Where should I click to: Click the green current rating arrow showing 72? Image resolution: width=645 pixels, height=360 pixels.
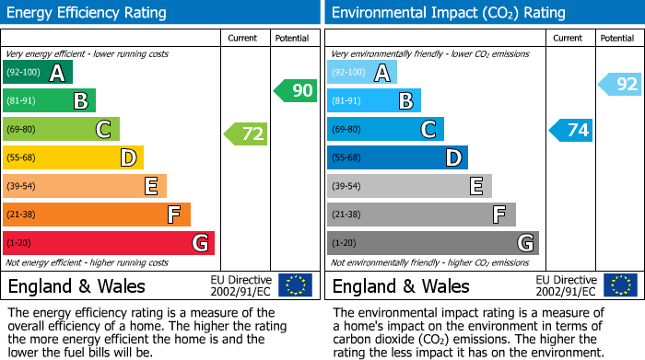(x=247, y=134)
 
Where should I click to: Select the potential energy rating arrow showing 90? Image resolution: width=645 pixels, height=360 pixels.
(x=296, y=90)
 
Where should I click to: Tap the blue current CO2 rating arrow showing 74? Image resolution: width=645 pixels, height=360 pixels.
(x=571, y=130)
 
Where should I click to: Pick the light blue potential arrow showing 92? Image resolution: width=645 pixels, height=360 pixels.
(x=620, y=85)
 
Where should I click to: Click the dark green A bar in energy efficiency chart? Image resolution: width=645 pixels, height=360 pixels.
(x=38, y=73)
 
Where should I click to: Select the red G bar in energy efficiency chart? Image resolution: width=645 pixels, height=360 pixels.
(x=108, y=243)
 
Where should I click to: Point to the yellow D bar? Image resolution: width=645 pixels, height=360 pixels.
(x=73, y=158)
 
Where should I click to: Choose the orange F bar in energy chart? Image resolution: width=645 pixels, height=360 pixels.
(x=97, y=215)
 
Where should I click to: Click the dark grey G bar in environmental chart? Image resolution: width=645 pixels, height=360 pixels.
(x=432, y=243)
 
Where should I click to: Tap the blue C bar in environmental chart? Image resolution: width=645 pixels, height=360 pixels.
(x=385, y=130)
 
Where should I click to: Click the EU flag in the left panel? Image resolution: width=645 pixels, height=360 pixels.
(x=295, y=285)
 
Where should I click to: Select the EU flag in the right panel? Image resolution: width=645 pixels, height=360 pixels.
(x=619, y=285)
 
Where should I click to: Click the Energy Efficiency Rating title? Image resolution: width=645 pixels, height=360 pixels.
(x=88, y=13)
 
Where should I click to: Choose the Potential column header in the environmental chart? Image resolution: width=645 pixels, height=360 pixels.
(x=616, y=38)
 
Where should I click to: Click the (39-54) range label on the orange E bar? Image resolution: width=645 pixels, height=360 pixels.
(x=22, y=187)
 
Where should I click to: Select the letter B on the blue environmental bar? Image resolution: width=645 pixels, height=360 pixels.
(x=405, y=101)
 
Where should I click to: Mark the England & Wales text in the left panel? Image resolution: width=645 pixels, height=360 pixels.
(x=77, y=285)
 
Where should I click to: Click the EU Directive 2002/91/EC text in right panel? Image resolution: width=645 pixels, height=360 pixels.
(x=566, y=285)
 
